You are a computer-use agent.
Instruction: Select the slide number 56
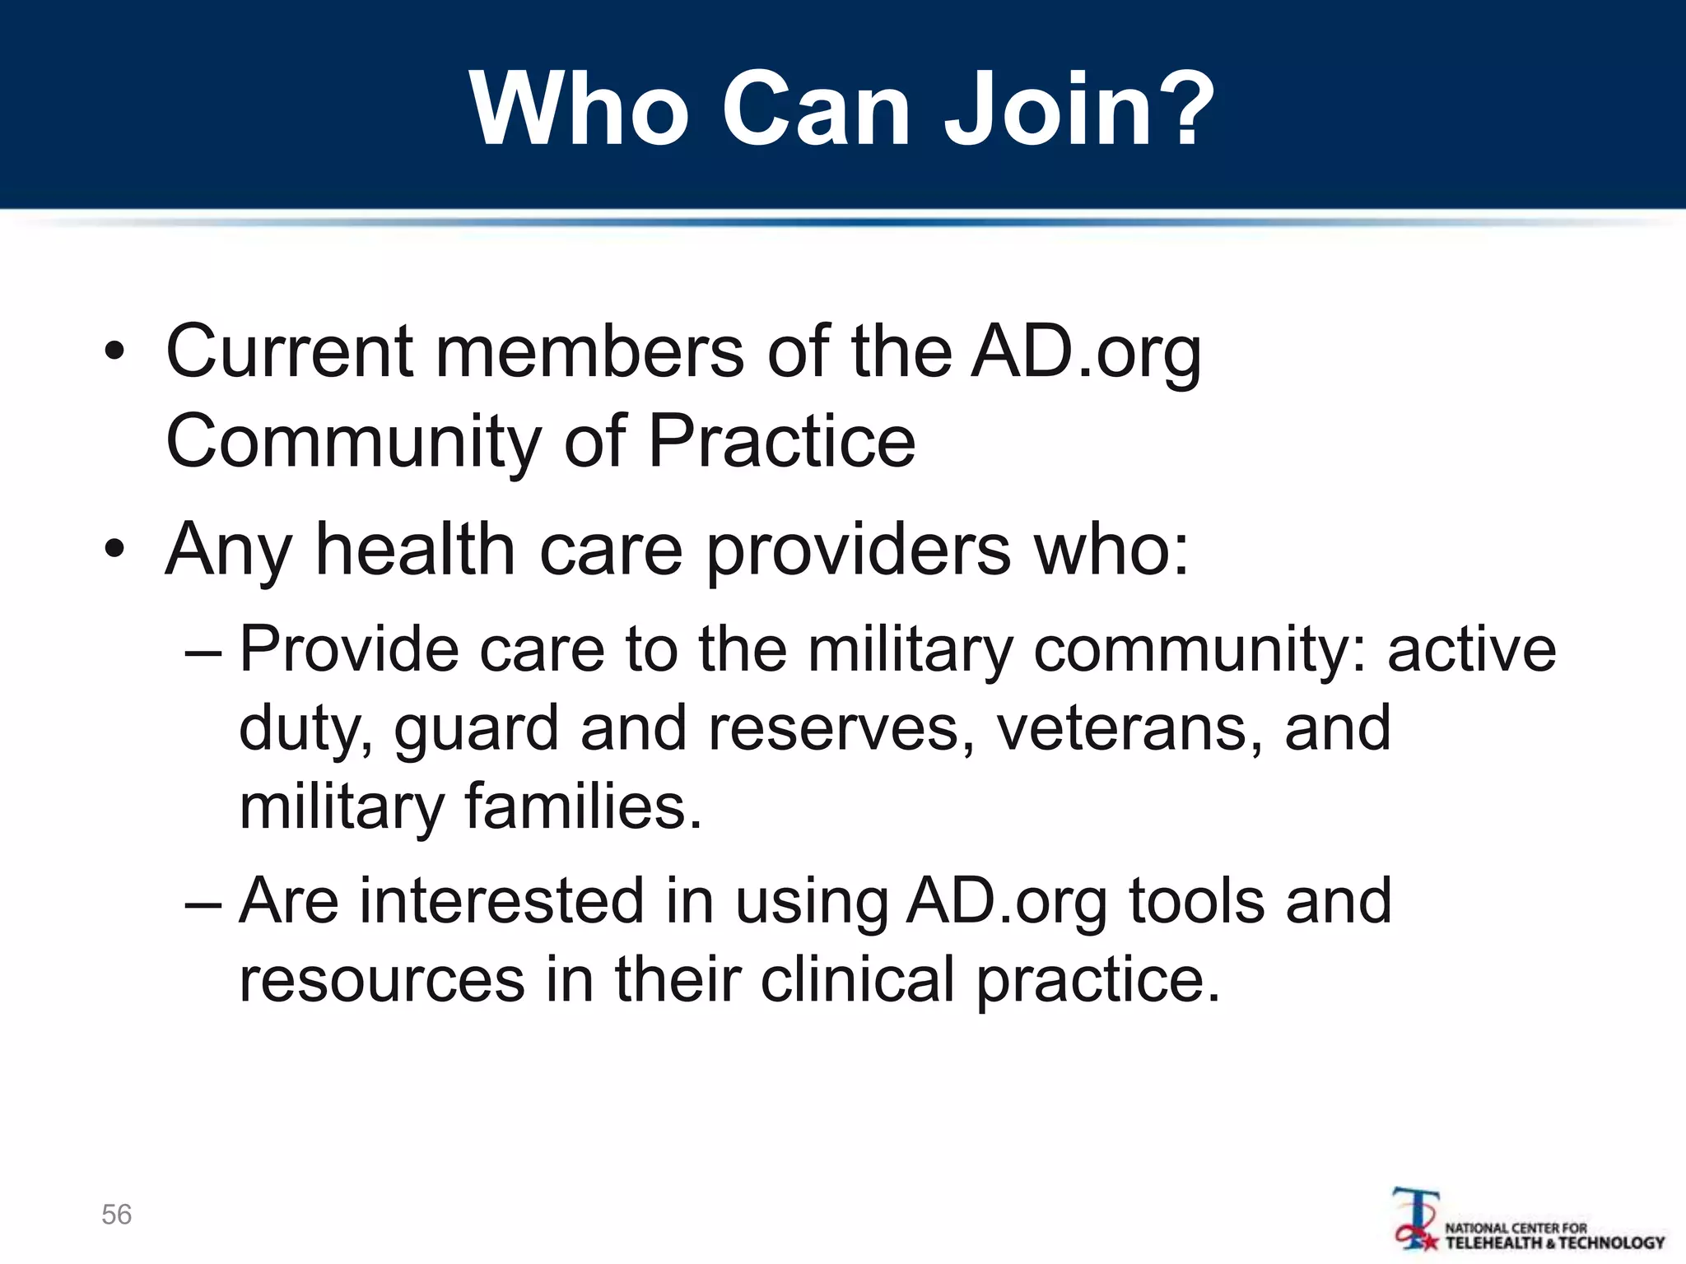pos(116,1215)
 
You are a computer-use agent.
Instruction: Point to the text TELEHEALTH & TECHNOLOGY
pos(1555,1243)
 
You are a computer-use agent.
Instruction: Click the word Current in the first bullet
pos(289,352)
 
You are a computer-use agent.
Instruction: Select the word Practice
pos(781,442)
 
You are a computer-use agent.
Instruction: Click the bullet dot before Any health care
pos(114,549)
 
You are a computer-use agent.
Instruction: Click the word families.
pos(584,806)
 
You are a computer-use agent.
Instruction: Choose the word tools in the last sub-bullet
pos(1196,901)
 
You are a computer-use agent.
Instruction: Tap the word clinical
pos(857,979)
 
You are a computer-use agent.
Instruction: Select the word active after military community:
pos(1472,650)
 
